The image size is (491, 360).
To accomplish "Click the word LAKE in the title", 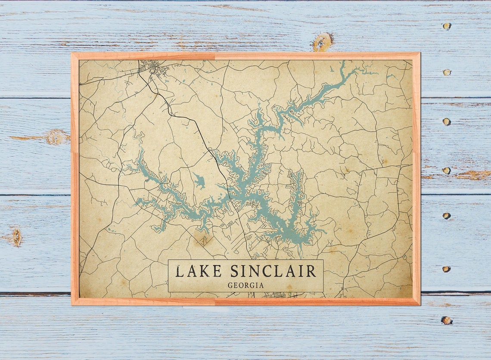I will coord(198,271).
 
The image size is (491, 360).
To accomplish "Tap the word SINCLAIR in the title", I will coord(273,271).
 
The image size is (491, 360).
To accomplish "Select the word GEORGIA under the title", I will coord(245,285).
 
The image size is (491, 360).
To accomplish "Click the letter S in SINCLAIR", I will coord(235,271).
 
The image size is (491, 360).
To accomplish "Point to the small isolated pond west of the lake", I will coord(199,181).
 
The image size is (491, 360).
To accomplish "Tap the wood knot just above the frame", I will coord(323,42).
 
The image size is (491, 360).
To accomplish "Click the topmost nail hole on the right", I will coord(447,26).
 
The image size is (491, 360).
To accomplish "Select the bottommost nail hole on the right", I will coord(447,320).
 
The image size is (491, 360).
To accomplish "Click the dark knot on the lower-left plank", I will coord(17,237).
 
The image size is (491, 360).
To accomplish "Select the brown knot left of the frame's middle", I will coord(56,137).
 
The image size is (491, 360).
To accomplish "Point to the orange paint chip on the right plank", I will coord(474,175).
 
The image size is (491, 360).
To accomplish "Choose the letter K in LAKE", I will coord(205,271).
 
